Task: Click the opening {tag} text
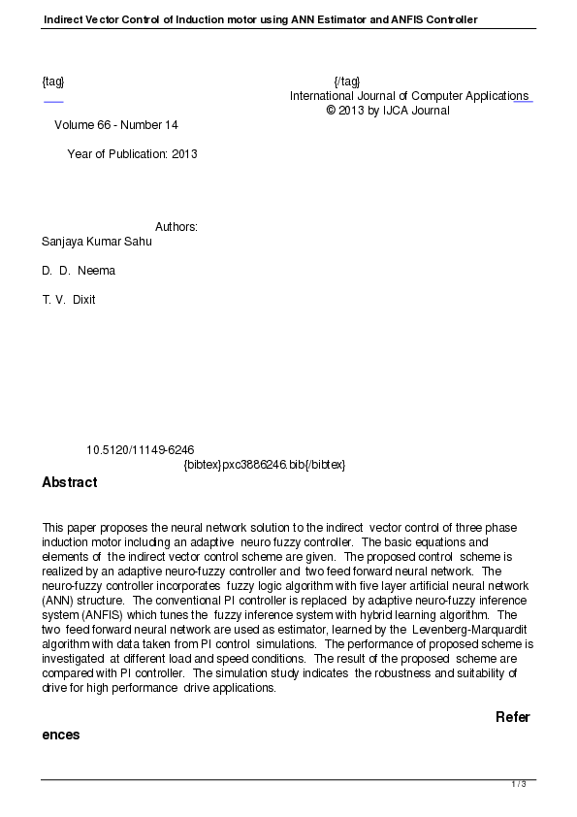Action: pos(53,82)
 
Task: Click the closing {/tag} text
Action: pos(346,82)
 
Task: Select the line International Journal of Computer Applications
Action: pos(408,96)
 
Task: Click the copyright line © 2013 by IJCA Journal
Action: pos(388,111)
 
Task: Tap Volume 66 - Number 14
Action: pos(116,125)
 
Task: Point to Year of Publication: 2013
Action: pos(132,154)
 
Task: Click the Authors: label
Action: pos(176,227)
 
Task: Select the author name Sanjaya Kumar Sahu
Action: pos(97,242)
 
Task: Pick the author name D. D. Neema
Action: pos(79,271)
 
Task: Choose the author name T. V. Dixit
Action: pos(69,300)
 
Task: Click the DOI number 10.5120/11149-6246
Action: pos(141,450)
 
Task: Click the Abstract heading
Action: pos(70,482)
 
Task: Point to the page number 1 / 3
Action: pos(519,784)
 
